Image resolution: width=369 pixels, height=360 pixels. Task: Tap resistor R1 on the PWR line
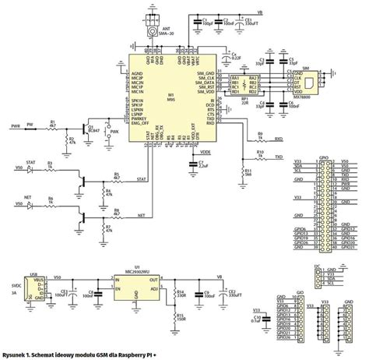pos(54,124)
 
